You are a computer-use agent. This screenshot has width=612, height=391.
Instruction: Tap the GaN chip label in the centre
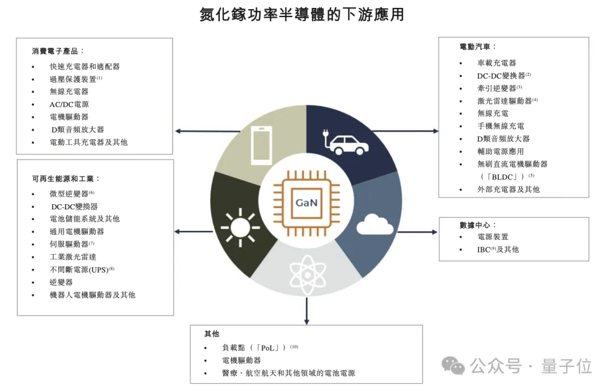(307, 202)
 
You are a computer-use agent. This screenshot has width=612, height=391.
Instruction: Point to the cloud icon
(375, 225)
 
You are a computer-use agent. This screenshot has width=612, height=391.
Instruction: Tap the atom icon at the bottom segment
(307, 273)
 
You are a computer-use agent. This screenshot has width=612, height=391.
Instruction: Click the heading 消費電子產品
(58, 51)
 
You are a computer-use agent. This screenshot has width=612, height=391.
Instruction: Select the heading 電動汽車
(478, 46)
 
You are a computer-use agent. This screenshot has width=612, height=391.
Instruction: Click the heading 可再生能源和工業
(66, 178)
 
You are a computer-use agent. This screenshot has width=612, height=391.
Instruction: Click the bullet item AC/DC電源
(69, 104)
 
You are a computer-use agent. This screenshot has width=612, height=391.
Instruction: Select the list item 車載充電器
(496, 63)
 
